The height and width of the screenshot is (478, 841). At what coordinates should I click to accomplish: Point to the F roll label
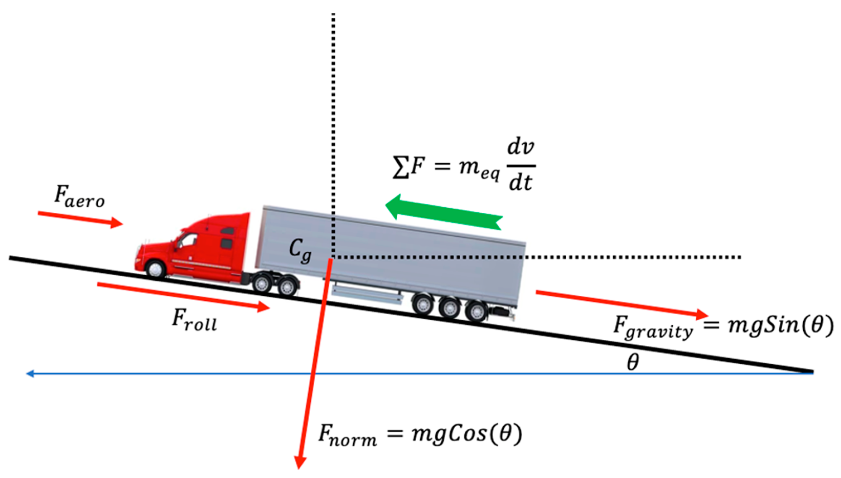pyautogui.click(x=194, y=320)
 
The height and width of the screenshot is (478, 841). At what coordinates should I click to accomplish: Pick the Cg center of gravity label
pyautogui.click(x=300, y=251)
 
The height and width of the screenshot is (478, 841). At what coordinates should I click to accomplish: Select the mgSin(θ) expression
pyautogui.click(x=780, y=325)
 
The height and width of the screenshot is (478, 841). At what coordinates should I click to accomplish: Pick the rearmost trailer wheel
pyautogui.click(x=476, y=311)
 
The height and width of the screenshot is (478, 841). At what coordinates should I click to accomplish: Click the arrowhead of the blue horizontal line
pyautogui.click(x=30, y=374)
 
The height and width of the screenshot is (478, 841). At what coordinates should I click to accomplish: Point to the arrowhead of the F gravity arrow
pyautogui.click(x=702, y=315)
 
